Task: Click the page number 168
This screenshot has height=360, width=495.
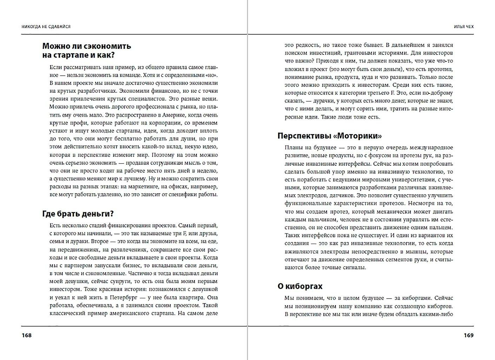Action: point(27,335)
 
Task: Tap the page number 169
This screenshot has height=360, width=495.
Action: point(468,335)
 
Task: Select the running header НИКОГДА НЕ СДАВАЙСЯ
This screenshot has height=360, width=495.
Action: point(46,27)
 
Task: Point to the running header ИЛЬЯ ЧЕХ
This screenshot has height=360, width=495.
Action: point(463,27)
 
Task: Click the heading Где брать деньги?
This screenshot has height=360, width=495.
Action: point(78,214)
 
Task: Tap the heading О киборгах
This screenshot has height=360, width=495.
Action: point(300,286)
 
